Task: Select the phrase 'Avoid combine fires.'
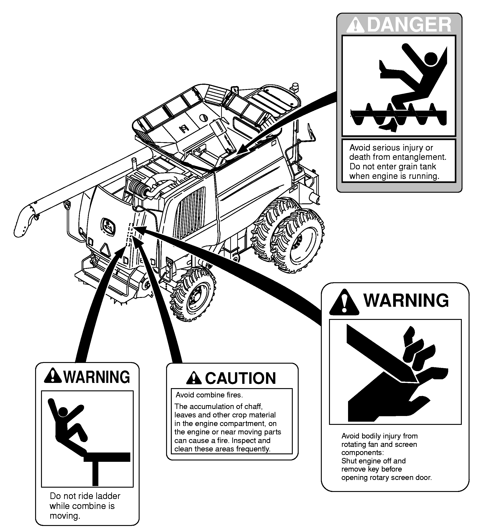pyautogui.click(x=209, y=395)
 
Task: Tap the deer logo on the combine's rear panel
pyautogui.click(x=109, y=227)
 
